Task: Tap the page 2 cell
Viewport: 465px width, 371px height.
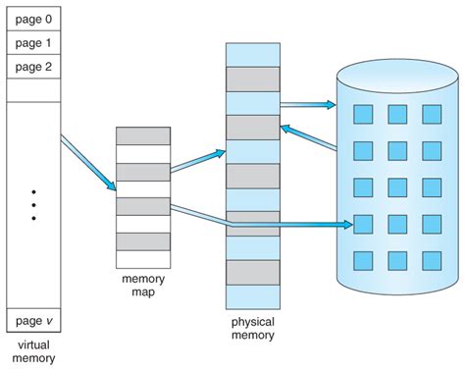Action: tap(34, 66)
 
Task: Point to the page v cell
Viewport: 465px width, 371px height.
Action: tap(34, 319)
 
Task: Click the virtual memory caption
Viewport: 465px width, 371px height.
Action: tap(34, 350)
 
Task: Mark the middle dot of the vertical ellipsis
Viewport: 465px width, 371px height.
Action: tap(34, 205)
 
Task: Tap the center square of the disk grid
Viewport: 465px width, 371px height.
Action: tap(397, 187)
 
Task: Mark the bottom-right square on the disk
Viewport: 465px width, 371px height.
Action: tap(432, 260)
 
